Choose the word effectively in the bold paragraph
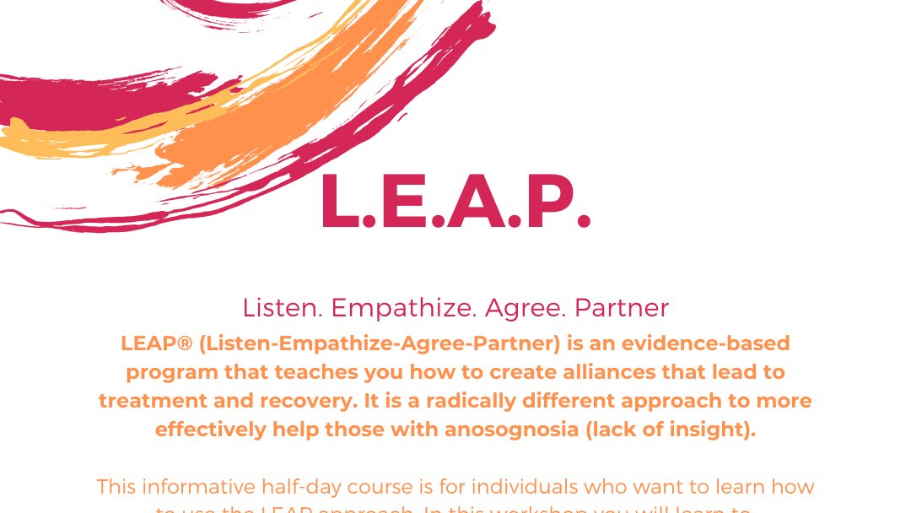(x=210, y=429)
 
